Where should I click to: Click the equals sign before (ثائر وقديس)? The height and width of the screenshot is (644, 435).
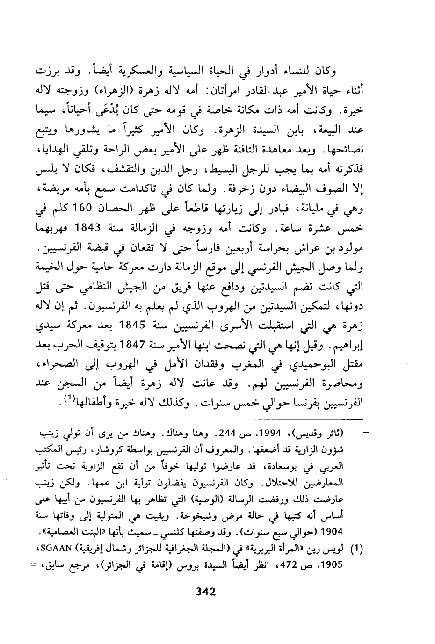coord(366,433)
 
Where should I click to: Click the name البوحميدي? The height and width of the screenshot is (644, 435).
coord(322,363)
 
